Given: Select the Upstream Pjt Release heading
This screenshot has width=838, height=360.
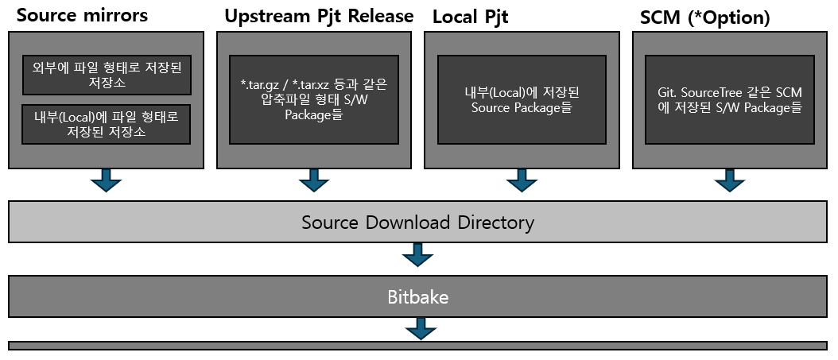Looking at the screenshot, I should pos(319,16).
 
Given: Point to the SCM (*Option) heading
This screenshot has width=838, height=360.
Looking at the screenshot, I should pos(705,17).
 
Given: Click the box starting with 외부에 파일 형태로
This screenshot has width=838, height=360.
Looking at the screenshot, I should pos(107,75).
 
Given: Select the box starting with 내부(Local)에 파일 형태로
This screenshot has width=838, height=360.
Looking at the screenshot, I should pos(107,124).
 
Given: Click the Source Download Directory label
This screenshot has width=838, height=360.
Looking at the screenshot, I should pos(417,222).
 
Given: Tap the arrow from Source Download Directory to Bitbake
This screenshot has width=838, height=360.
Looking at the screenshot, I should pos(417,254).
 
